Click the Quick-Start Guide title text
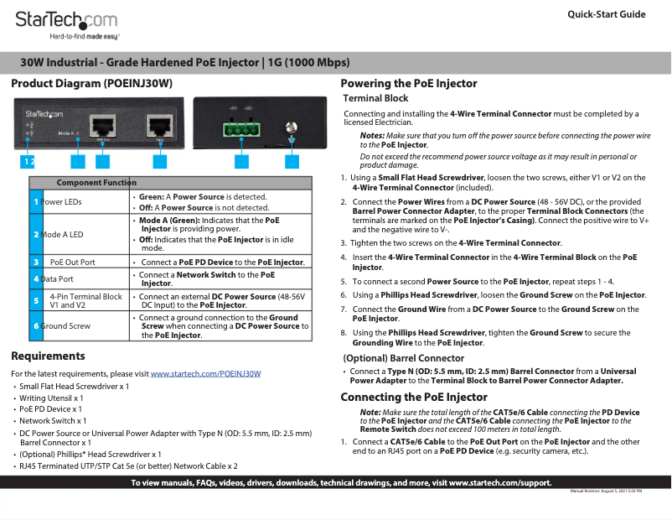(606, 14)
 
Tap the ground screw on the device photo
(292, 127)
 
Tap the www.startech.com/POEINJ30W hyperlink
(205, 373)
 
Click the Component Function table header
(96, 183)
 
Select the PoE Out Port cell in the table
(72, 263)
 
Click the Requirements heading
(48, 356)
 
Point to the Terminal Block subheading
(376, 98)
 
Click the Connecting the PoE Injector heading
(413, 397)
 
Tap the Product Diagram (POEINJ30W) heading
(91, 84)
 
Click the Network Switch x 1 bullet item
(53, 421)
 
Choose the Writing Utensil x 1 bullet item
(51, 398)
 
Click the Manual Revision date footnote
(606, 491)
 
